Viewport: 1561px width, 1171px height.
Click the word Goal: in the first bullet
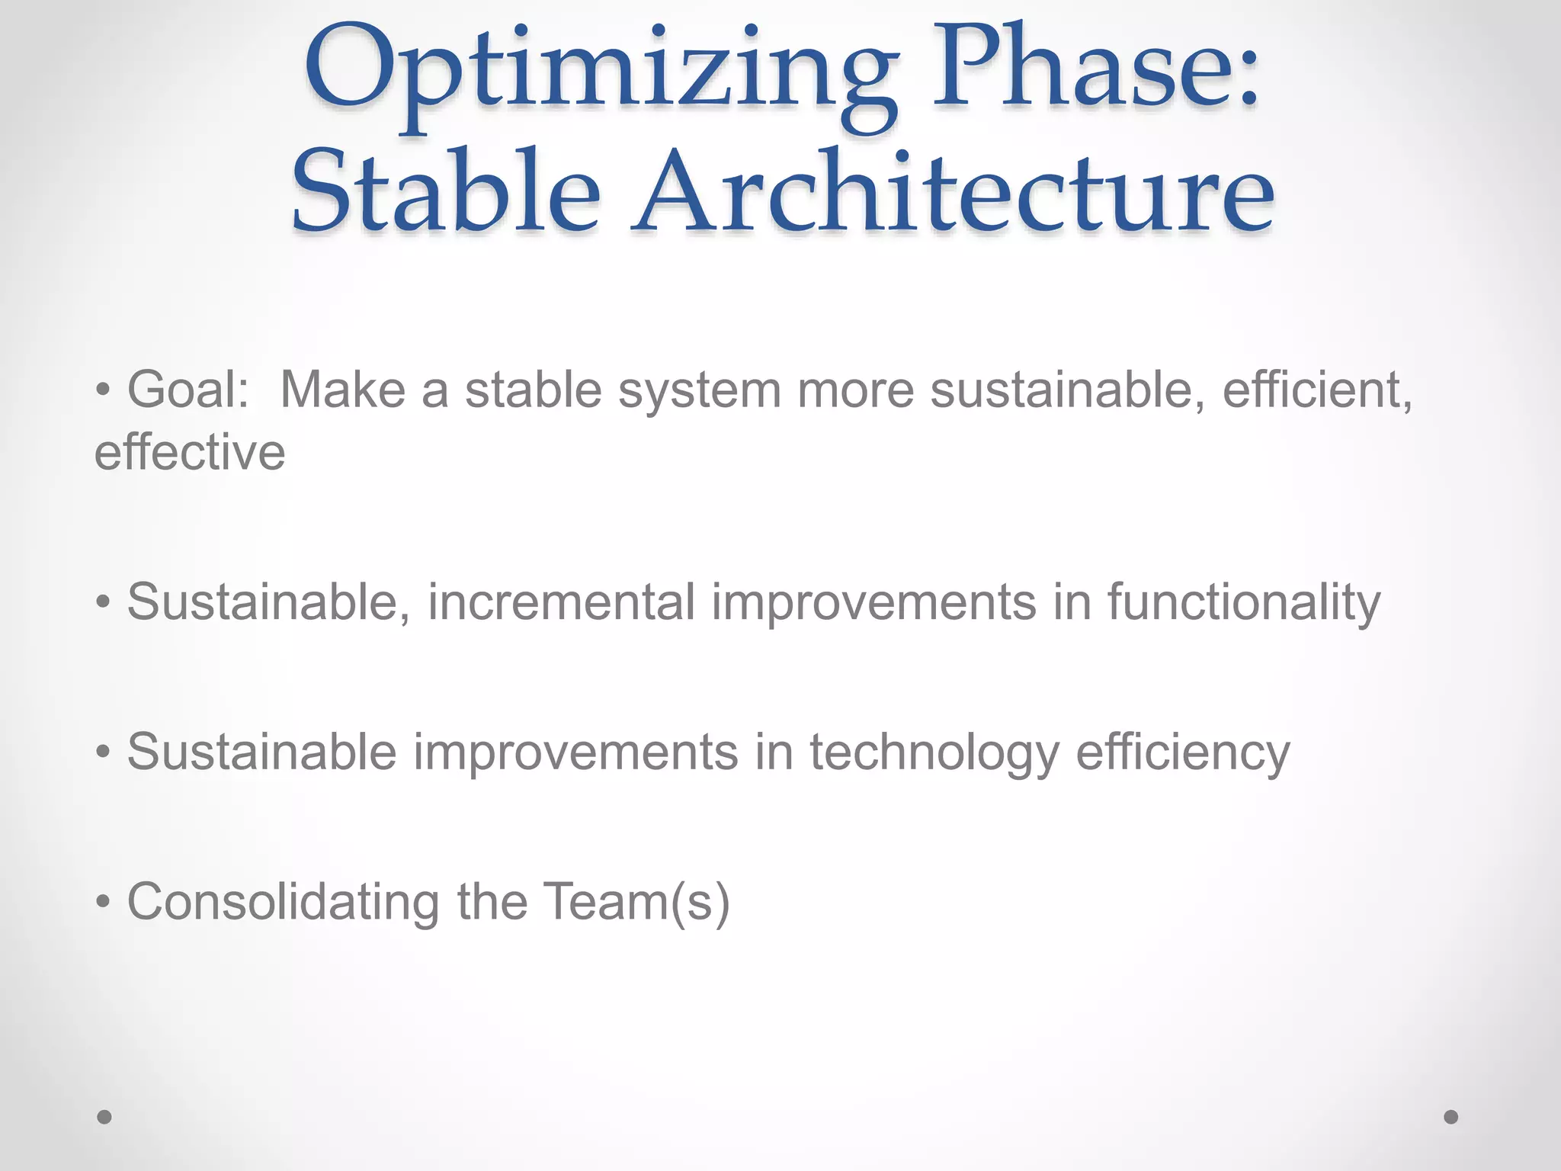point(188,390)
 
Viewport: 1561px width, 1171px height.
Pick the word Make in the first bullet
point(343,390)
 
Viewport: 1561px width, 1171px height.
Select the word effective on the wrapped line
point(190,453)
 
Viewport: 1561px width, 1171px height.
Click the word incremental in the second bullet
point(561,602)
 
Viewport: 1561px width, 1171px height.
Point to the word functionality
point(1243,602)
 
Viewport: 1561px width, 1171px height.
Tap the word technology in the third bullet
point(934,753)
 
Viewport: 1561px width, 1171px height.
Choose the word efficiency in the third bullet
point(1182,753)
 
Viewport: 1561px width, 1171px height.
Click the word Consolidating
point(283,903)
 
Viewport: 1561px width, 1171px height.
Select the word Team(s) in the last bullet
point(636,903)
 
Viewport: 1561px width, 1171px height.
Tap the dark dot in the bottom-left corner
point(105,1117)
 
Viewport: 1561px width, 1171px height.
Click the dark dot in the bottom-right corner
point(1451,1117)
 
